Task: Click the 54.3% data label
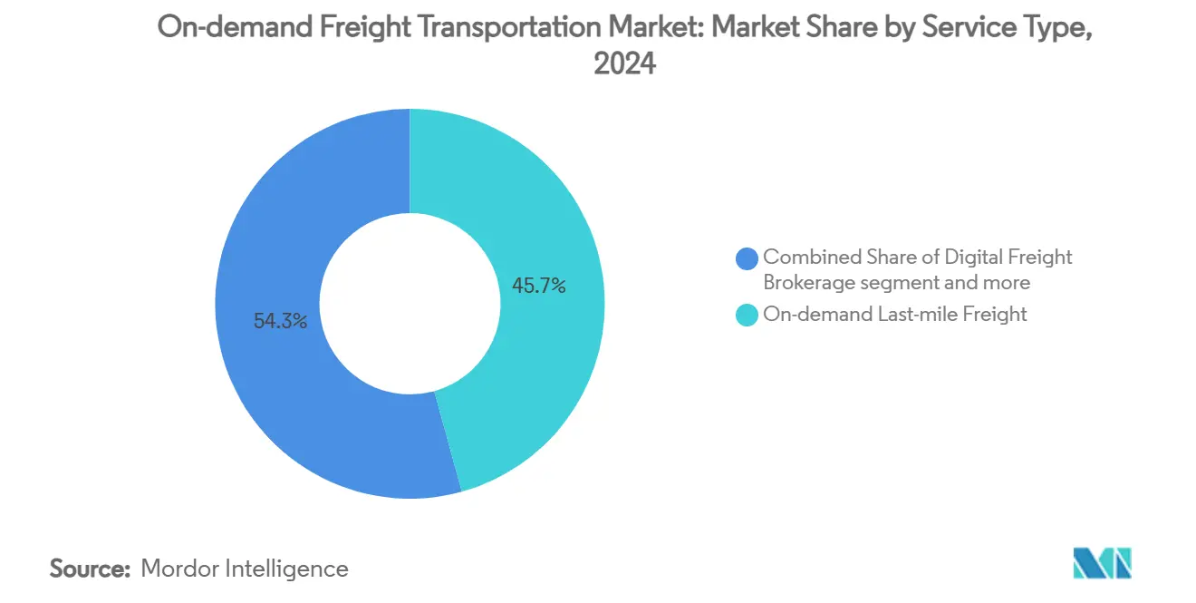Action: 280,321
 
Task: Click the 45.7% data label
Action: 539,287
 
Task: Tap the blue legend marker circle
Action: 747,258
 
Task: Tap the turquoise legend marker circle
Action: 747,316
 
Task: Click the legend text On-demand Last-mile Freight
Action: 895,315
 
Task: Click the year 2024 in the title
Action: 624,64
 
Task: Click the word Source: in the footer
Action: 90,569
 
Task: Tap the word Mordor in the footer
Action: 179,569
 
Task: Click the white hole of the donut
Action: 410,304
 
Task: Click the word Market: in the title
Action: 665,28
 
